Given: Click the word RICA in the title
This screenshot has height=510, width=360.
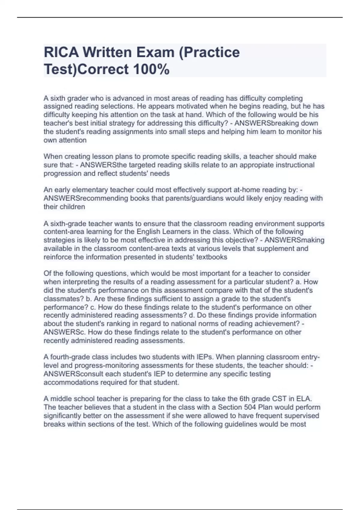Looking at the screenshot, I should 61,52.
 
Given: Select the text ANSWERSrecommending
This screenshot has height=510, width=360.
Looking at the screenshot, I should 86,198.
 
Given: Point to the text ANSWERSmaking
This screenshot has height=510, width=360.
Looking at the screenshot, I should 294,240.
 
